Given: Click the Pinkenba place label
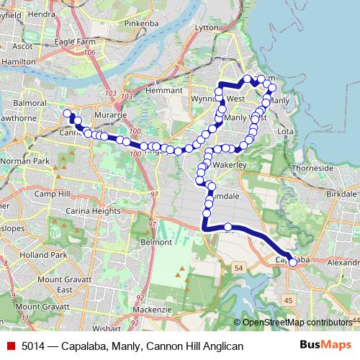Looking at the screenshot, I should coord(140,24).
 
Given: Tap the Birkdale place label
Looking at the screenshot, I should coord(341,194).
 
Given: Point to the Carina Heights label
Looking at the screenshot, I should coord(95,212).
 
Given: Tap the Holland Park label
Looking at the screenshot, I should coord(43,255).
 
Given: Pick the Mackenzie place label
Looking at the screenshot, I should coord(152,309).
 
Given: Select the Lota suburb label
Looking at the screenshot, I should coord(286,132).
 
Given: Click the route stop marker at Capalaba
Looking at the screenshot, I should coord(292,263).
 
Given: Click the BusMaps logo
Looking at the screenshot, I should coord(325,346).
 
